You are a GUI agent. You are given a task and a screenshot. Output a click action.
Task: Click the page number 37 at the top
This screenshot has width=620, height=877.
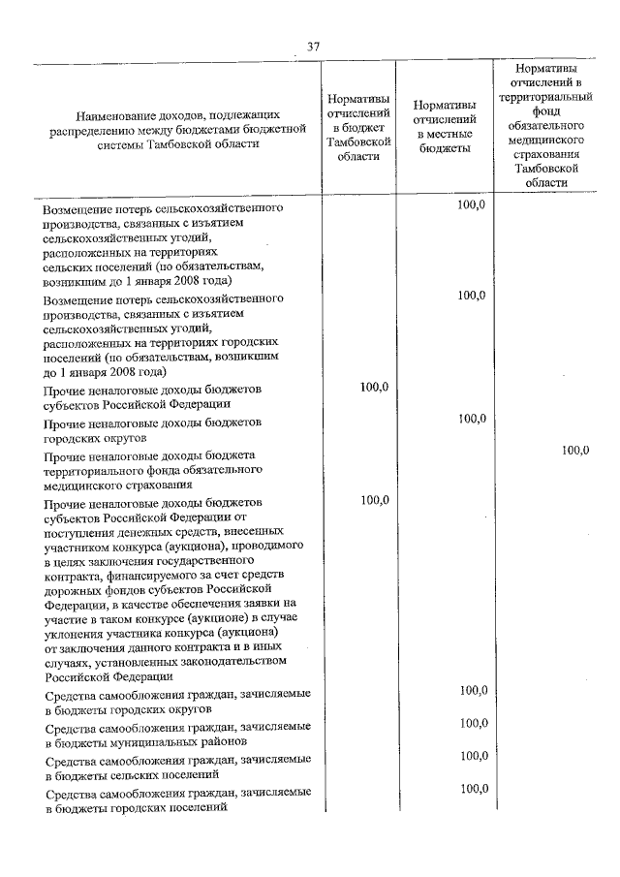click(x=312, y=47)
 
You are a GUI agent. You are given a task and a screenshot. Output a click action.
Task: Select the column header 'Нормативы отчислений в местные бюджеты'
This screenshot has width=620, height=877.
click(x=444, y=127)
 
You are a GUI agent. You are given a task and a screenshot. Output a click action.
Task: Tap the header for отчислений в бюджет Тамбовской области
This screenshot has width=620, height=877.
click(x=358, y=127)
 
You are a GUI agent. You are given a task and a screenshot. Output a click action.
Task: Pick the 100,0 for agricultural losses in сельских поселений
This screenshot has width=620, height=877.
click(x=473, y=206)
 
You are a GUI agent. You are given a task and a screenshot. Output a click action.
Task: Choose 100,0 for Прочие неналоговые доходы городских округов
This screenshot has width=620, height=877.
click(x=473, y=419)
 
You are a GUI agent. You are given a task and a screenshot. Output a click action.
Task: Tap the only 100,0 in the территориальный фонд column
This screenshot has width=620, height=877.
click(x=575, y=450)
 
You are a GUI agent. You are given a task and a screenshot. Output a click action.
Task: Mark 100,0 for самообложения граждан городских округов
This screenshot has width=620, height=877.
click(x=473, y=691)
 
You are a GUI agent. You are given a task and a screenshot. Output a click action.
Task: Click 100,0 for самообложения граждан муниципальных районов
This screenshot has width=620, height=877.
click(x=473, y=723)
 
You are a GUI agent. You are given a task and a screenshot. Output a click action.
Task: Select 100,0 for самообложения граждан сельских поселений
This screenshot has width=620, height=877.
click(x=473, y=756)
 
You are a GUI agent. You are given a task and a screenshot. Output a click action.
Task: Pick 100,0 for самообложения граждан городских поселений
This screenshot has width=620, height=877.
click(x=473, y=789)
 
